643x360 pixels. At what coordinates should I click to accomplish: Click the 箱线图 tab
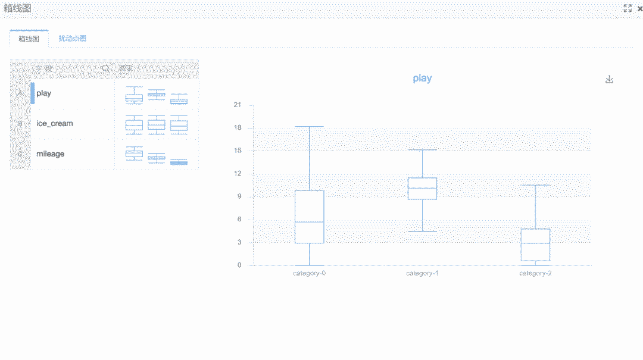pos(29,39)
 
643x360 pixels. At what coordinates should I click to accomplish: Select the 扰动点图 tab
pos(73,39)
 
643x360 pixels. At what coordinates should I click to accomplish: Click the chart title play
pos(422,79)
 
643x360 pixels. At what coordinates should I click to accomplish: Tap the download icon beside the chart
pos(609,79)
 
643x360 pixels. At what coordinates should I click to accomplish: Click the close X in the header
pos(639,8)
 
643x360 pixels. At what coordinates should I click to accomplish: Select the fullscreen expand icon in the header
pos(627,8)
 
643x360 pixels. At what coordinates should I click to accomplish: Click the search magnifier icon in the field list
pos(106,68)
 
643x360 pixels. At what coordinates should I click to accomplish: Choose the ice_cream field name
pos(55,124)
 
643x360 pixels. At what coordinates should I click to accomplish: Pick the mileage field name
pos(51,154)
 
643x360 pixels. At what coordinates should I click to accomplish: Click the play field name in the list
pos(44,93)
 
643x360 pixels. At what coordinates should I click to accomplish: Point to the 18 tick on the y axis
pos(238,128)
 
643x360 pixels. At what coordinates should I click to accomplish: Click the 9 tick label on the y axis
pos(239,197)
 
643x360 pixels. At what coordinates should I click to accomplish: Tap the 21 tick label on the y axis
pos(238,105)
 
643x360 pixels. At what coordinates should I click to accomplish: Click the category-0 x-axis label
pos(309,273)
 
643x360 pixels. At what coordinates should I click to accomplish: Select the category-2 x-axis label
pos(535,273)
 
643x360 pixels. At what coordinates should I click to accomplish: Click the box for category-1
pos(422,188)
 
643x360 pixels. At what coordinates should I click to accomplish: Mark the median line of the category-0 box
pos(310,222)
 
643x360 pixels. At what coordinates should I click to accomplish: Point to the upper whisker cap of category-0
pos(310,127)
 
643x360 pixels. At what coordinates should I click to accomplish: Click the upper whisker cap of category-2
pos(535,185)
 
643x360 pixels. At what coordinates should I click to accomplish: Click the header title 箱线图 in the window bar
pos(17,8)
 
